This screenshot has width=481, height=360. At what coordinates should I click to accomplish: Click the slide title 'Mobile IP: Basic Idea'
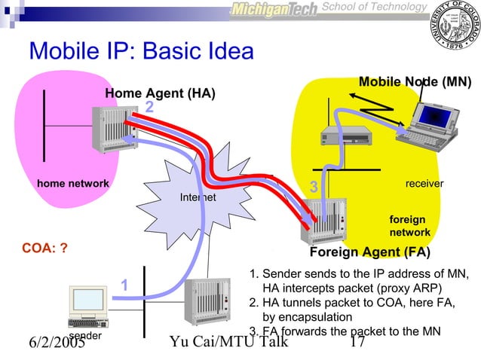pyautogui.click(x=141, y=51)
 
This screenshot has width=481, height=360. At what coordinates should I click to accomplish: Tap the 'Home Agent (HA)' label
pyautogui.click(x=160, y=93)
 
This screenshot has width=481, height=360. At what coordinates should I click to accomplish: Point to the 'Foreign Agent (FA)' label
pyautogui.click(x=370, y=252)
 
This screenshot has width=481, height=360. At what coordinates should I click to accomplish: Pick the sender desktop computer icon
pyautogui.click(x=87, y=306)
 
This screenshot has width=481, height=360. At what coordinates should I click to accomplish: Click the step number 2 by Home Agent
pyautogui.click(x=149, y=108)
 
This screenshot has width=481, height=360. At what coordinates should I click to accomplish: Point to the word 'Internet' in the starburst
pyautogui.click(x=198, y=197)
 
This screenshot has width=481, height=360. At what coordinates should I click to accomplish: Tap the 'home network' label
pyautogui.click(x=73, y=183)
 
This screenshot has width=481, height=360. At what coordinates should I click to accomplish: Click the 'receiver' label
pyautogui.click(x=424, y=183)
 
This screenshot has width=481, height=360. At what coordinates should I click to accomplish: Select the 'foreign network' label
pyautogui.click(x=409, y=226)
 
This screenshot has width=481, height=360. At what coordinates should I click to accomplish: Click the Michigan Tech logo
pyautogui.click(x=274, y=9)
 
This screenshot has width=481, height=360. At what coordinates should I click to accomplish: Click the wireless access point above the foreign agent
pyautogui.click(x=343, y=136)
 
